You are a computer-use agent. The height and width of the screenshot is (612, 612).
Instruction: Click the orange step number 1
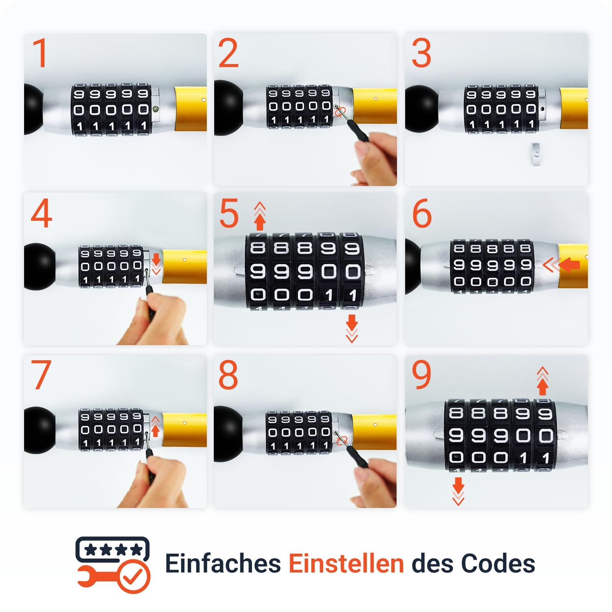click(x=40, y=53)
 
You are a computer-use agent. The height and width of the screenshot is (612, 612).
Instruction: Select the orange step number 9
click(x=421, y=374)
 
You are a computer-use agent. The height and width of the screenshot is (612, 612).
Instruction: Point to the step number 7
click(x=41, y=375)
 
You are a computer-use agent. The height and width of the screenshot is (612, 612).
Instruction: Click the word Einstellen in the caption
click(x=346, y=563)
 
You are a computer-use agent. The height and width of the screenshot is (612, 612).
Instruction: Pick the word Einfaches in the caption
click(x=223, y=563)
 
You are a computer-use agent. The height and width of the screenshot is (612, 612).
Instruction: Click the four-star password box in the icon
click(x=113, y=550)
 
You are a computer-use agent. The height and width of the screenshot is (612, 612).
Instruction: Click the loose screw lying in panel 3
click(x=537, y=154)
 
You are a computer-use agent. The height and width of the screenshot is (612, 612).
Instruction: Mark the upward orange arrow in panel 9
click(x=542, y=381)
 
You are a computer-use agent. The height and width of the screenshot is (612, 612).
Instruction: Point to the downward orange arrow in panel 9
click(x=459, y=492)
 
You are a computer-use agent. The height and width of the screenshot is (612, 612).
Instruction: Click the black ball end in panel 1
click(x=33, y=109)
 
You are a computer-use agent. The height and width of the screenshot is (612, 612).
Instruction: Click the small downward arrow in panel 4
click(x=156, y=264)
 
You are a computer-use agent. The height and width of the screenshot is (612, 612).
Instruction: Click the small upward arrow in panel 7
click(x=155, y=427)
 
